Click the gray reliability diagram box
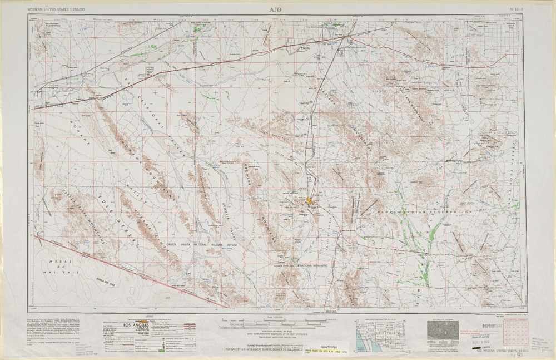pos(442,332)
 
